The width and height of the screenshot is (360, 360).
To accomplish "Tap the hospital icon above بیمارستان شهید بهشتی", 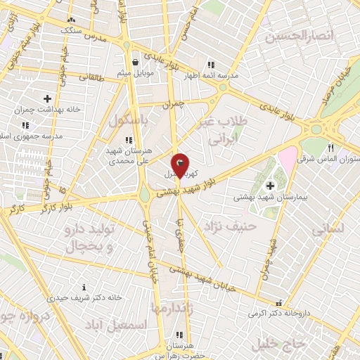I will click(x=270, y=186).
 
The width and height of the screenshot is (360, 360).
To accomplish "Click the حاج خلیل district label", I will click(x=276, y=344).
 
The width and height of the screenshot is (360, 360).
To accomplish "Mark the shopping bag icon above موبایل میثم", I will click(x=134, y=62).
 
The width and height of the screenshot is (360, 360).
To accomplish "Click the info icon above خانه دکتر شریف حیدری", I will click(x=84, y=287).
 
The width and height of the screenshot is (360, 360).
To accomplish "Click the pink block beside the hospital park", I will click(x=288, y=157).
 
